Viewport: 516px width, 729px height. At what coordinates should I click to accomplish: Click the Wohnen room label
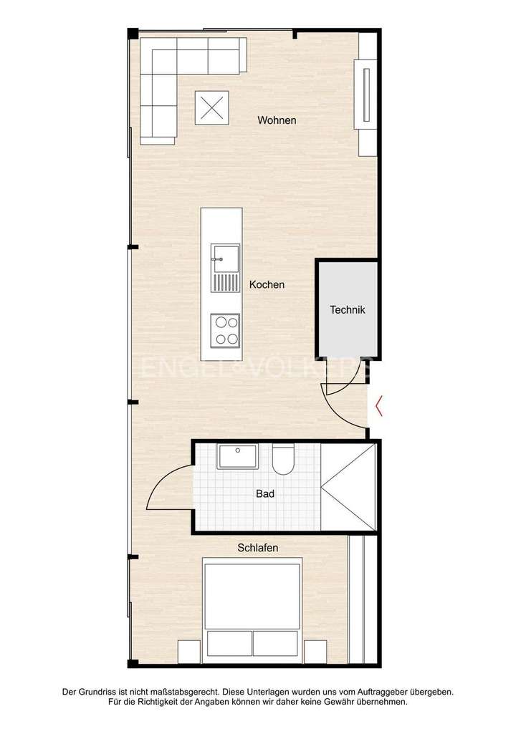pyautogui.click(x=277, y=120)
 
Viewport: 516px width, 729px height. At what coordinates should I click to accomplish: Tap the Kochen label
pyautogui.click(x=267, y=285)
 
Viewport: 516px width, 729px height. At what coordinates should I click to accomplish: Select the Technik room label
pyautogui.click(x=348, y=310)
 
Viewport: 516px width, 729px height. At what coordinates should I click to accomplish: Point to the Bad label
pyautogui.click(x=265, y=493)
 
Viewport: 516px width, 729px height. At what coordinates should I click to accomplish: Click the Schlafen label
pyautogui.click(x=258, y=548)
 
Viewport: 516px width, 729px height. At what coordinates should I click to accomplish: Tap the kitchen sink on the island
pyautogui.click(x=224, y=257)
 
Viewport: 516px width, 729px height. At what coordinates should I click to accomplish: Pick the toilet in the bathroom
pyautogui.click(x=282, y=460)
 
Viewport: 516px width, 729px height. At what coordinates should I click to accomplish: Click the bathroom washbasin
pyautogui.click(x=237, y=455)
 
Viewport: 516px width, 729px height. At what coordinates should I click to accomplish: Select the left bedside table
pyautogui.click(x=188, y=652)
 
